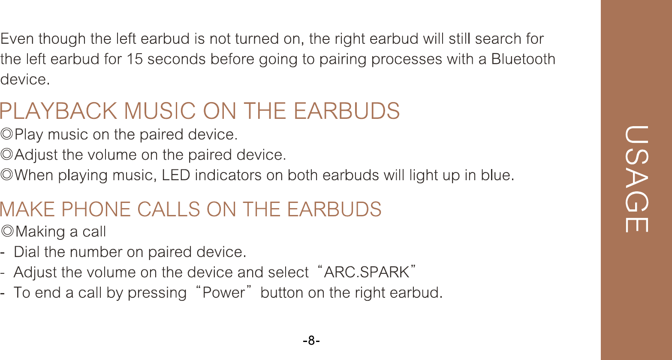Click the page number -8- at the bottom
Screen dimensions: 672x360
[x=311, y=341]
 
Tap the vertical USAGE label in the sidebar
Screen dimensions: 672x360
[x=636, y=179]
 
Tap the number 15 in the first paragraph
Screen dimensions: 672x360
[x=134, y=59]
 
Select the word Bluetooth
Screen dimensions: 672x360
[x=523, y=59]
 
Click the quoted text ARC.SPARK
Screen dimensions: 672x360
[x=367, y=272]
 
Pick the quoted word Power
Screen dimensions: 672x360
[x=224, y=293]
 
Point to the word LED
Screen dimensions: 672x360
[x=176, y=175]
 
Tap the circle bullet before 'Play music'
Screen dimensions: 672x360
[x=6, y=134]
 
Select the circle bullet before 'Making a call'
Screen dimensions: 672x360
[x=7, y=231]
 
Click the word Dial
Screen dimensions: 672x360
[x=27, y=251]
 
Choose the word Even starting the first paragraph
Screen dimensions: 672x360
[x=17, y=39]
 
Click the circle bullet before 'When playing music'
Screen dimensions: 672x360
[x=6, y=175]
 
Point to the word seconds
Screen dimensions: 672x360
[x=176, y=59]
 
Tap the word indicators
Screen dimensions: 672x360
[x=228, y=175]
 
